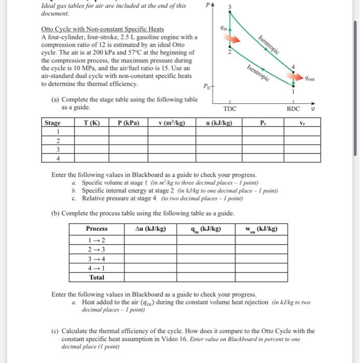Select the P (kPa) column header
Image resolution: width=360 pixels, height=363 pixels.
point(128,123)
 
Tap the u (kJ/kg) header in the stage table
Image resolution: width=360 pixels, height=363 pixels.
point(219,123)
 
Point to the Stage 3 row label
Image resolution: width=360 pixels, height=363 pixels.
point(57,149)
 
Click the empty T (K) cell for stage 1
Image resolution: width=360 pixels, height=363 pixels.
point(92,132)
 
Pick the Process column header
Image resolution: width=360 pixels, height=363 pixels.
point(97,229)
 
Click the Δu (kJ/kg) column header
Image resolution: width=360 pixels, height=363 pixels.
point(151,229)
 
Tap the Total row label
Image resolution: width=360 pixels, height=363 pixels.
point(97,277)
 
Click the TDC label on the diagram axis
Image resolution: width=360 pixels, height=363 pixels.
point(230,109)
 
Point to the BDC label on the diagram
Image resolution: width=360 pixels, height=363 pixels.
point(294,109)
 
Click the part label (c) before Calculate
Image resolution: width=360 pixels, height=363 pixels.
point(55,331)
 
